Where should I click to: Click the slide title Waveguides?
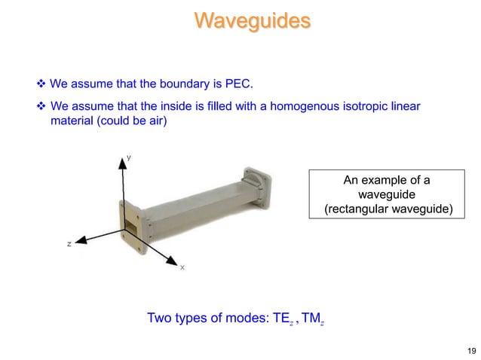coord(252,20)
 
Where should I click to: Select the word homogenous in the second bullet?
coord(293,106)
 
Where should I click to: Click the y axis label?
coord(129,157)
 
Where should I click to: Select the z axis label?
coord(69,244)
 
